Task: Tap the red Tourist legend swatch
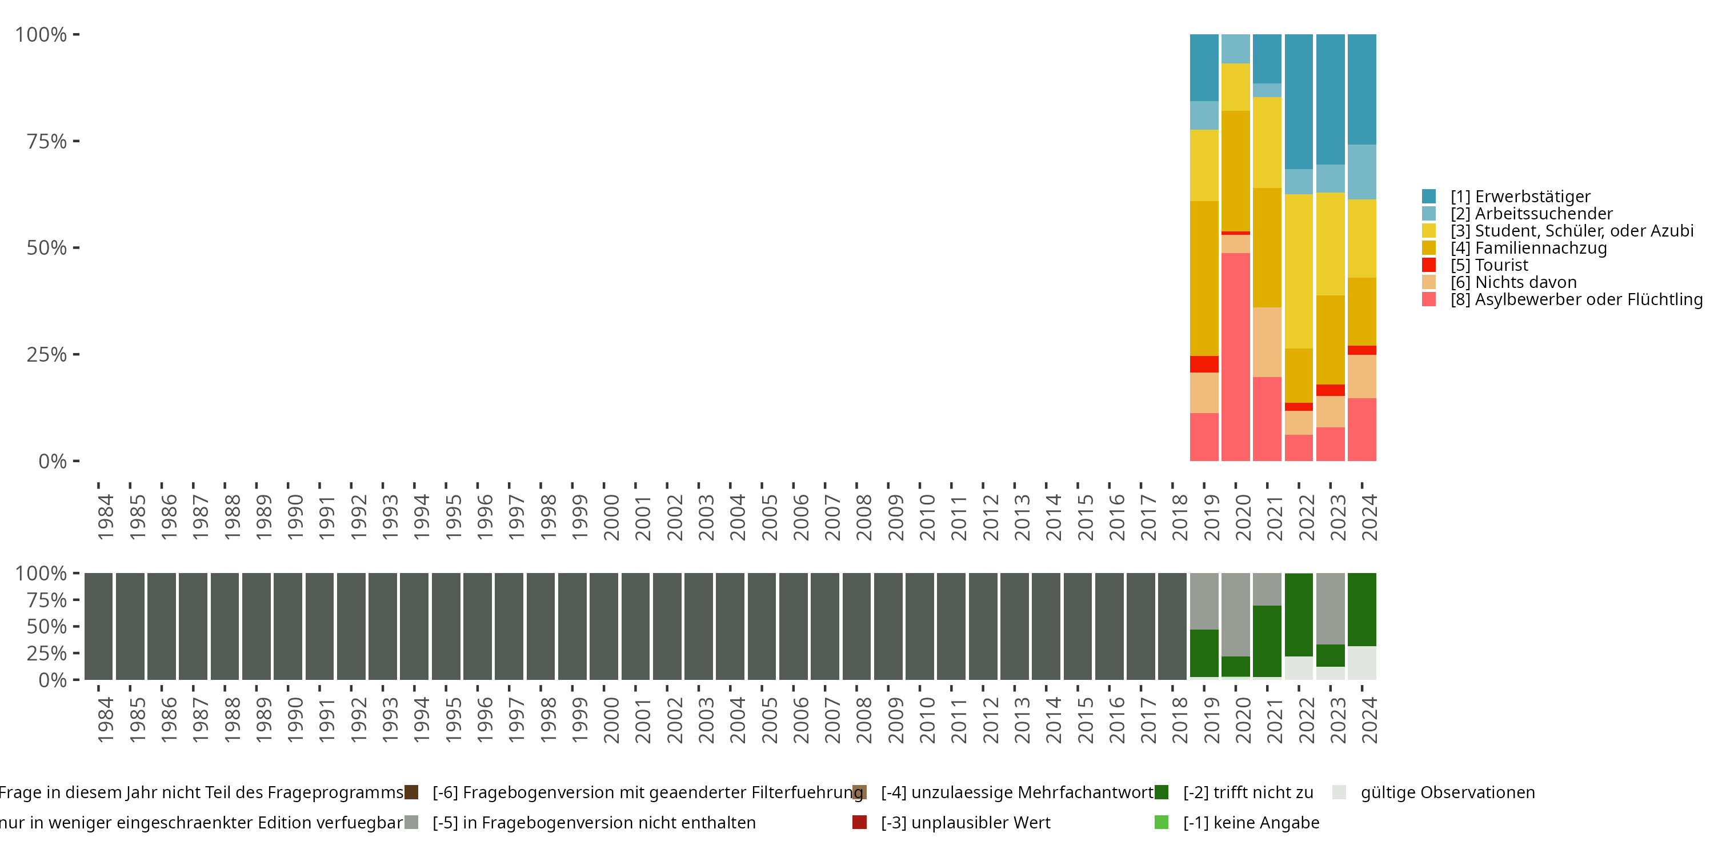coord(1428,265)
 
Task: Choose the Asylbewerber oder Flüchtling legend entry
coord(1562,299)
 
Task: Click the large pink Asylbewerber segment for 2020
coord(1236,357)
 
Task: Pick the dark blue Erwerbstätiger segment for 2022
coord(1299,102)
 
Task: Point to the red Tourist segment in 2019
coord(1204,364)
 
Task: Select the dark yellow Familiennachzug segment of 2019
coord(1204,279)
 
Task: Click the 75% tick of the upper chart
coord(77,141)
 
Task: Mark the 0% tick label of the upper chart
coord(53,461)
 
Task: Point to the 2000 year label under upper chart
coord(611,517)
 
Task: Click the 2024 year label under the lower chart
coord(1369,720)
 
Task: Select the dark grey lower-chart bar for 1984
coord(98,626)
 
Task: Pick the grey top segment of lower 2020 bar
coord(1236,615)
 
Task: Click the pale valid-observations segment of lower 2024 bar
coord(1362,663)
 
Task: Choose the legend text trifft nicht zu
coord(1248,792)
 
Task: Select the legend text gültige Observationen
coord(1448,792)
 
